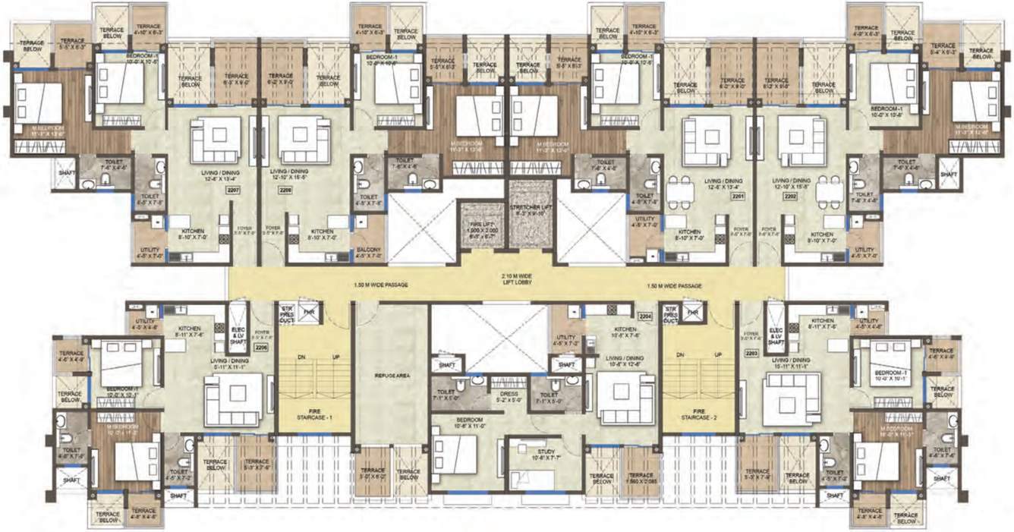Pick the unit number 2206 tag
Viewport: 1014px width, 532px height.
coord(262,348)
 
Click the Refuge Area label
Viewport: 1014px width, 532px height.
coord(392,375)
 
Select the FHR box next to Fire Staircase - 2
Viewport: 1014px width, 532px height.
coord(691,312)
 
